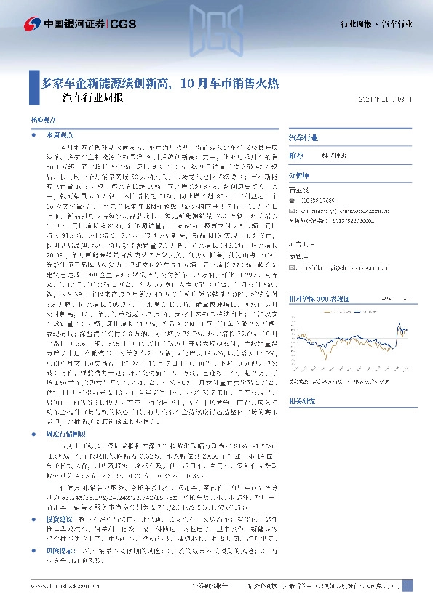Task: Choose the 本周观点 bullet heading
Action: pyautogui.click(x=59, y=135)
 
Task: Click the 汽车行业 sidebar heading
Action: pyautogui.click(x=303, y=136)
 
